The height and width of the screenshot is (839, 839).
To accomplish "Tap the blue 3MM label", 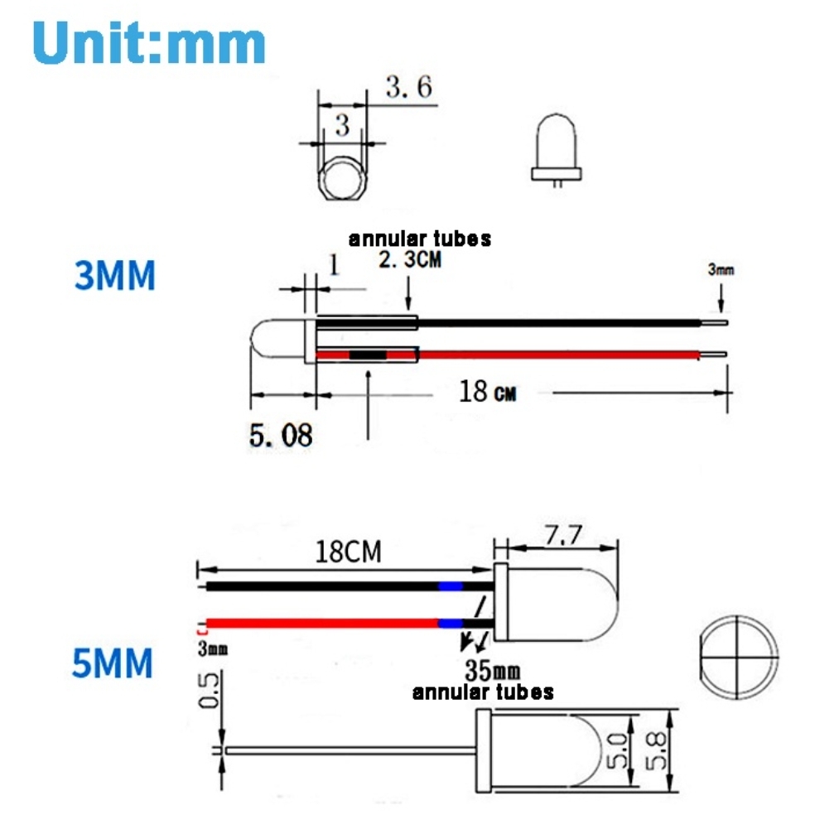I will [x=115, y=276].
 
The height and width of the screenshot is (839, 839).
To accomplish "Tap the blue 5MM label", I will [x=113, y=663].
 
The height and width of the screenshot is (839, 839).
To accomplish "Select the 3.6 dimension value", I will [x=409, y=86].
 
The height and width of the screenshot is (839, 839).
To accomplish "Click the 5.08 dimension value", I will [x=281, y=435].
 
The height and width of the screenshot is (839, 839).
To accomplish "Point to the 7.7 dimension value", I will [x=562, y=536].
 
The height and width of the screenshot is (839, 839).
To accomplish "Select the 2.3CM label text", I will [x=411, y=260].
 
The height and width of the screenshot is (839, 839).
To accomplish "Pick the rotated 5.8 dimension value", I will [x=658, y=750].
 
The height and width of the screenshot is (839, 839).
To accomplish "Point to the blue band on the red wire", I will [x=450, y=623].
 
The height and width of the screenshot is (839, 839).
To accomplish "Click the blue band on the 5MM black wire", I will [x=450, y=586].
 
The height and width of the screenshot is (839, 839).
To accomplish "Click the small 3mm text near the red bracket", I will [x=213, y=649].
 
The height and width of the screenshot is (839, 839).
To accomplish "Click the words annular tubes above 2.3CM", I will [x=419, y=239].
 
